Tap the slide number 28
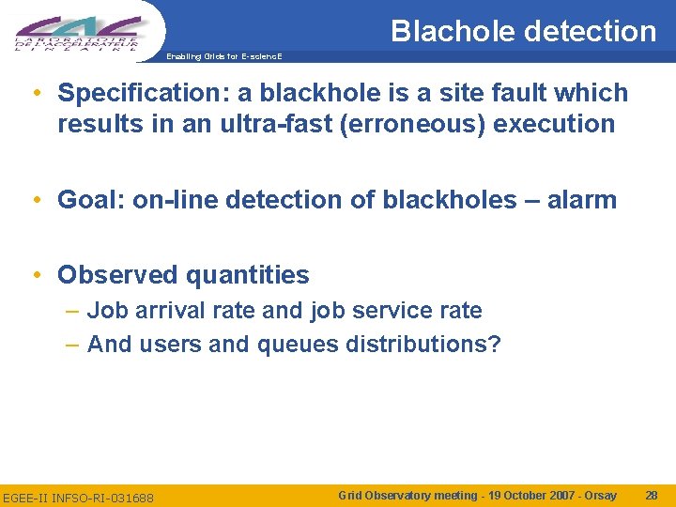click(x=652, y=495)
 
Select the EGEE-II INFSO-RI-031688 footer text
click(x=79, y=497)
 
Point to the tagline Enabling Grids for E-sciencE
click(x=222, y=56)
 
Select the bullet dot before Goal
click(x=35, y=200)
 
